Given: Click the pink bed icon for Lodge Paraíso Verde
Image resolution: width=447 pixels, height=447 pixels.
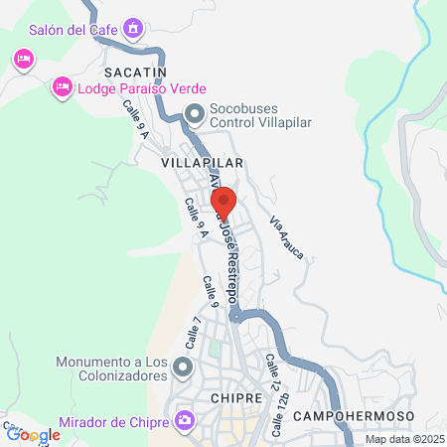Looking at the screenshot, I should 62,87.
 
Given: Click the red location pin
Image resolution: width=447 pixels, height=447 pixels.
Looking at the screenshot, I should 223,202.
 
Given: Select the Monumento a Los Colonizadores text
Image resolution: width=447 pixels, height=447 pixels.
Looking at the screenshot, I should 111,369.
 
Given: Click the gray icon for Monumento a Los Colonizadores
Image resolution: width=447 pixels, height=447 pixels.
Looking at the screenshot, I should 183,369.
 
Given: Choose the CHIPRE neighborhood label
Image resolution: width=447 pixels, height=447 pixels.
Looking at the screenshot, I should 235,397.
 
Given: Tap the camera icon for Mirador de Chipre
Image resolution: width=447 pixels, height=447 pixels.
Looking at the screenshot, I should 184,422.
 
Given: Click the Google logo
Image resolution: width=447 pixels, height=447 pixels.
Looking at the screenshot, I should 33,434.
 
